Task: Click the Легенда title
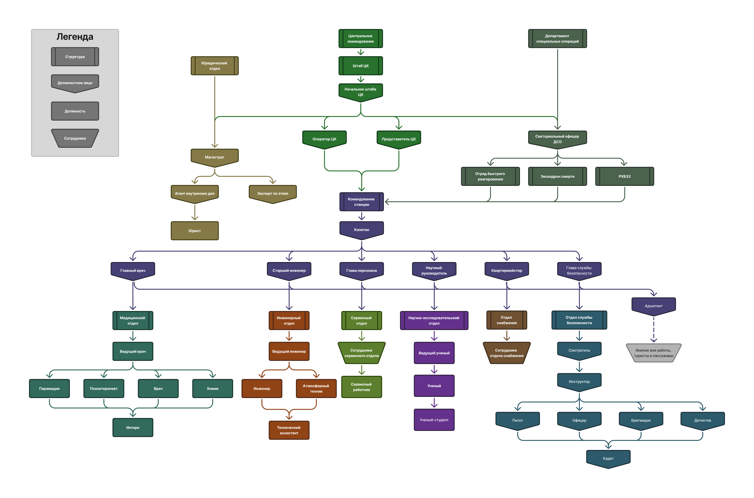pos(75,37)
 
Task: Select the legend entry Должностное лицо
pos(75,83)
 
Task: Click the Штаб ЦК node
pos(361,66)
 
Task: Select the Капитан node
pos(362,230)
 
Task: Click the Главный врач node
pos(133,271)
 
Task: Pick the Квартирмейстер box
pos(506,271)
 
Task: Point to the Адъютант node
pos(654,306)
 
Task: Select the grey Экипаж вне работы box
pos(654,353)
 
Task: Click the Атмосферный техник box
pos(316,388)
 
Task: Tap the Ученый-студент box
pos(434,420)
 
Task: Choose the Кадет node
pos(608,458)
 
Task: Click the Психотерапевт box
pos(104,388)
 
